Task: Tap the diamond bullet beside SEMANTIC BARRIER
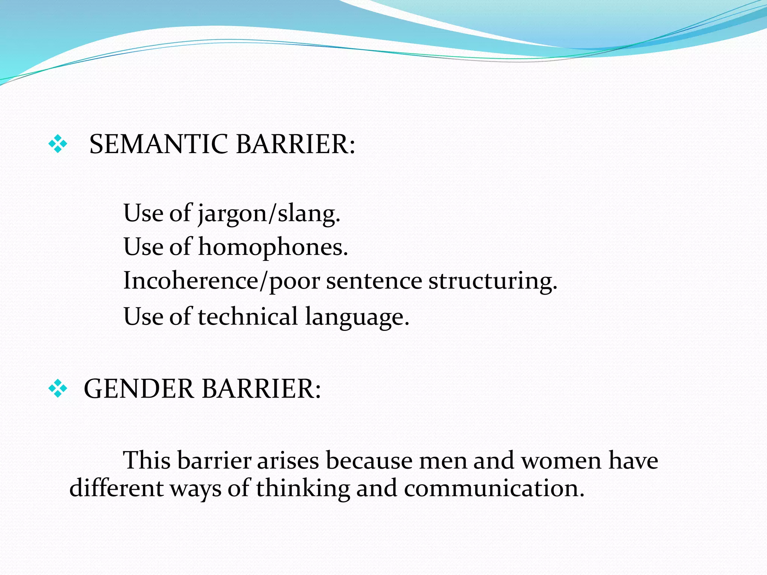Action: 58,144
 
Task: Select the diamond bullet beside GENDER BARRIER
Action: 58,388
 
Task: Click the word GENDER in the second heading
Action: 139,389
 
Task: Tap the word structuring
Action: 493,282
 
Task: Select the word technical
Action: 248,316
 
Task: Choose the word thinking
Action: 303,489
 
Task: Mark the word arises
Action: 288,460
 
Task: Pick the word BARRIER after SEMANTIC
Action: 295,144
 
